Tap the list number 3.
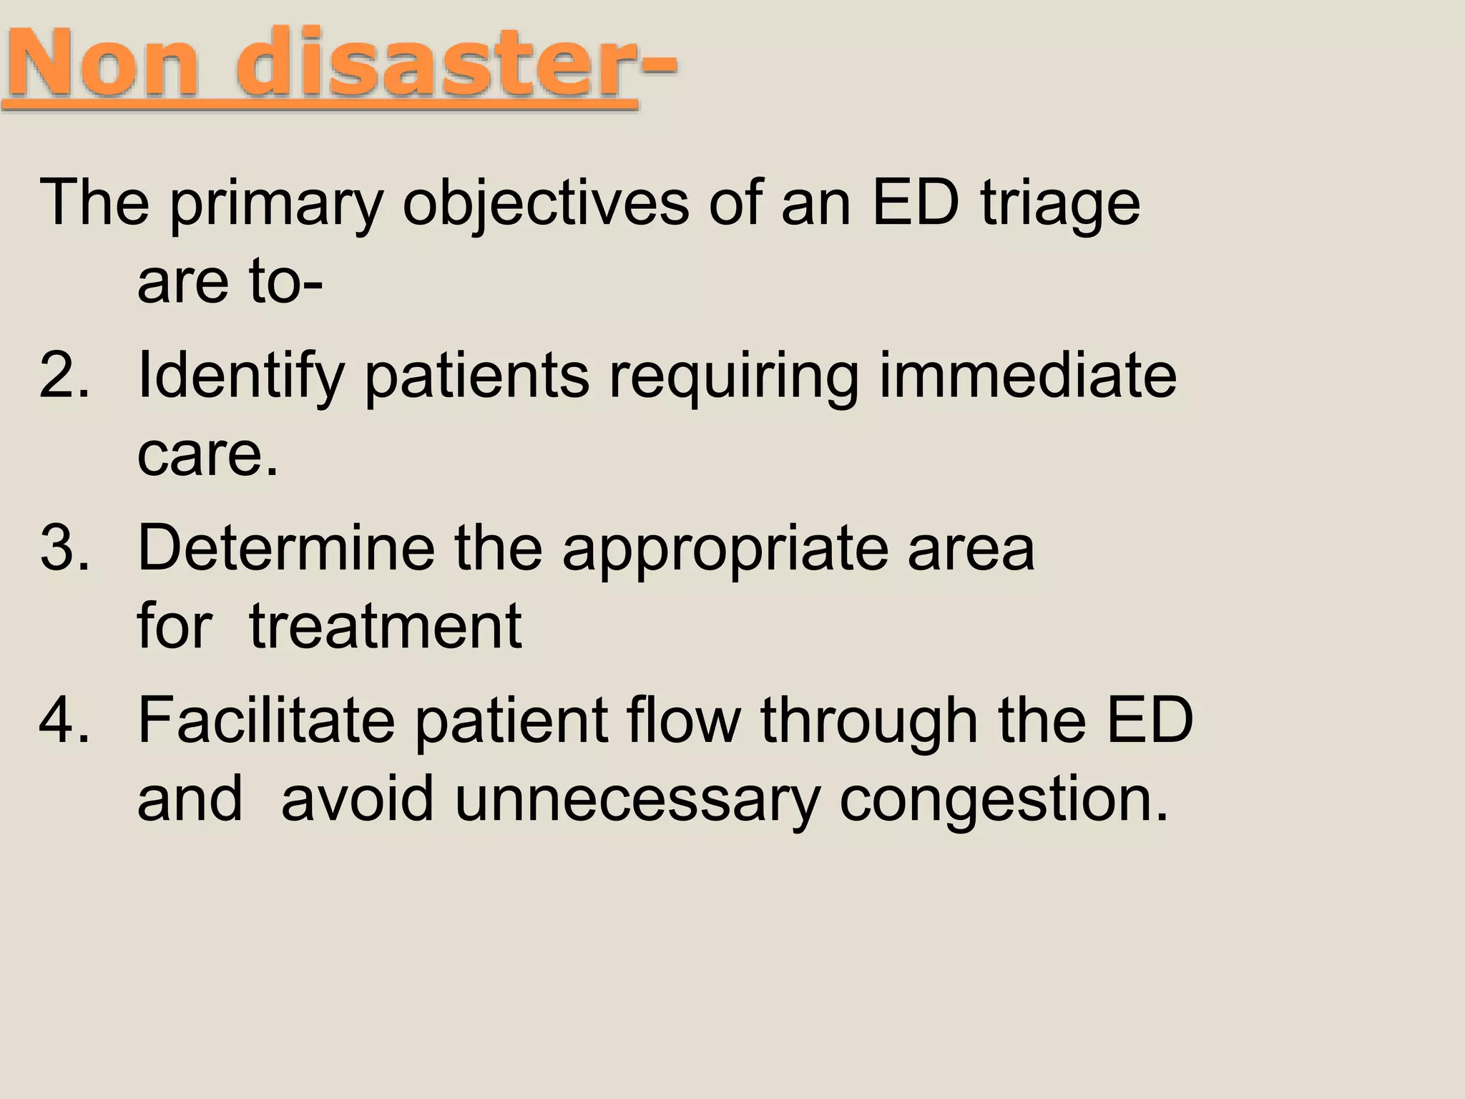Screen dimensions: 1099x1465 [x=64, y=548]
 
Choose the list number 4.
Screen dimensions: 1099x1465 [x=64, y=721]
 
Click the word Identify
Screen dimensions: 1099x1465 [x=240, y=376]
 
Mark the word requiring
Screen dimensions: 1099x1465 [x=733, y=376]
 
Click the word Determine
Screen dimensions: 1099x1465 [x=286, y=548]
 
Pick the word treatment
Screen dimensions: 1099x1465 [x=386, y=626]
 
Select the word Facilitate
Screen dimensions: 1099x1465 [x=265, y=721]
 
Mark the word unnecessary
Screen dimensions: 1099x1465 [x=637, y=799]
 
